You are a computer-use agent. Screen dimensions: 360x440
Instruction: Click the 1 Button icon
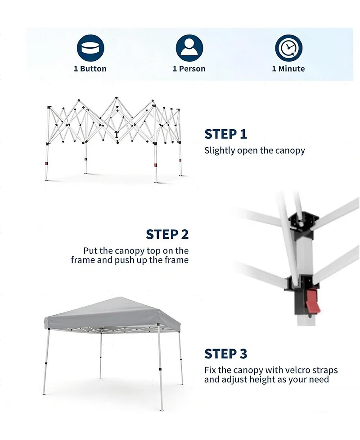[90, 48]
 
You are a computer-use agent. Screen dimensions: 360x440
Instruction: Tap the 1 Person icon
[189, 48]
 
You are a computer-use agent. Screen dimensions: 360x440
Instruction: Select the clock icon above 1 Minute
[288, 48]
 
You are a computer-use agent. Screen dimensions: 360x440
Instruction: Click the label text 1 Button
[90, 69]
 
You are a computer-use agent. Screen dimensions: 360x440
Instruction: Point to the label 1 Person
[189, 69]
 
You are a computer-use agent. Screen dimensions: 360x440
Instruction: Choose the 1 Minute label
[288, 69]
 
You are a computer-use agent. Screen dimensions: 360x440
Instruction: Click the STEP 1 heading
[226, 134]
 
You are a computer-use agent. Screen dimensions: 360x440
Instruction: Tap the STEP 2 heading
[167, 234]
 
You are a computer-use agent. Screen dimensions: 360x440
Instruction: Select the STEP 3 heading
[226, 354]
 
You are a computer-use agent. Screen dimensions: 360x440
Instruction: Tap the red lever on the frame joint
[313, 301]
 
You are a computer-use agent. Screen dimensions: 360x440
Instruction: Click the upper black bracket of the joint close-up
[304, 222]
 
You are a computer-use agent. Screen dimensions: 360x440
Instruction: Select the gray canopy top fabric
[112, 314]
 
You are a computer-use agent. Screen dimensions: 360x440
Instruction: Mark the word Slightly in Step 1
[220, 151]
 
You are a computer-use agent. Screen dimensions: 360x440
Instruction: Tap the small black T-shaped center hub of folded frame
[117, 135]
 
